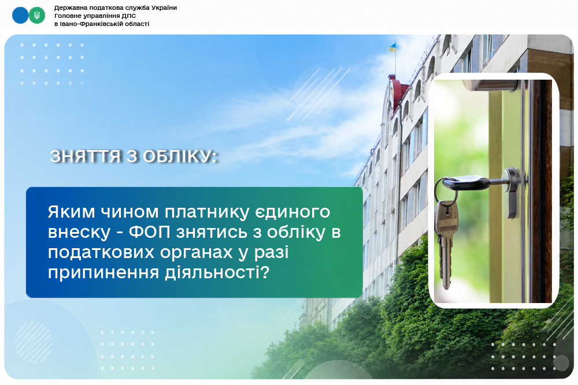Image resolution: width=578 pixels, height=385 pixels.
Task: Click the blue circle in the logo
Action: [20, 16]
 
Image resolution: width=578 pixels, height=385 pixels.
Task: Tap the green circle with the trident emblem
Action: [37, 16]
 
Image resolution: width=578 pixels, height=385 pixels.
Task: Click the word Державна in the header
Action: [69, 8]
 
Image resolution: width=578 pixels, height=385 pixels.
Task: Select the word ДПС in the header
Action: [129, 16]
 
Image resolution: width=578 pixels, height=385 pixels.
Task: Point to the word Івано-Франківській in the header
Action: [89, 24]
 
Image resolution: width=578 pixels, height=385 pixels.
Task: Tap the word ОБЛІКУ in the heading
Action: [180, 156]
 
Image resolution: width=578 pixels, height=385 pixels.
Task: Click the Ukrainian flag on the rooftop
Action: [392, 47]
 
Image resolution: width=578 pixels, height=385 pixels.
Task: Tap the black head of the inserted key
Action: [466, 183]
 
